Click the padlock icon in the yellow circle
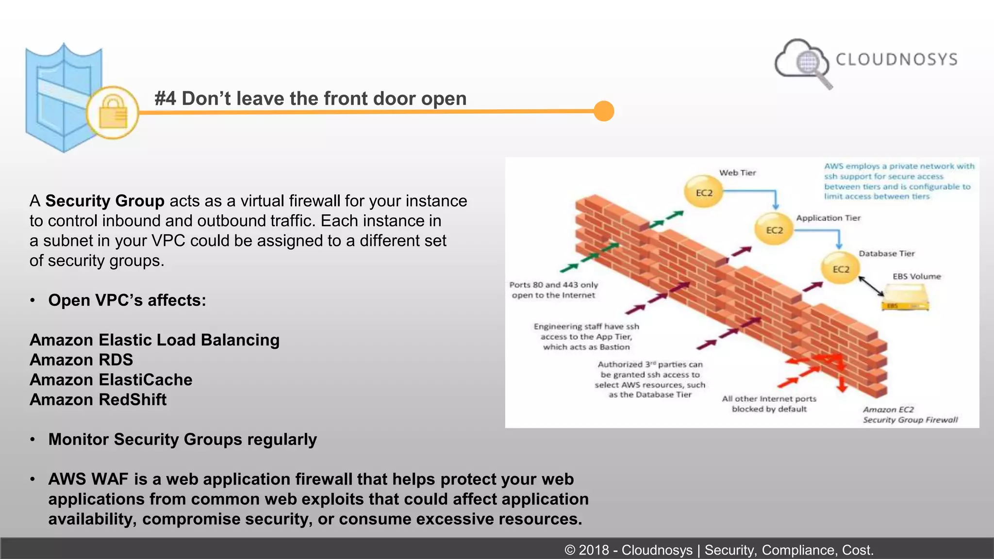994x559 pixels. pyautogui.click(x=113, y=112)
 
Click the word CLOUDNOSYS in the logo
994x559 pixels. pyautogui.click(x=896, y=59)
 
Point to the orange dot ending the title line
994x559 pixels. pyautogui.click(x=604, y=111)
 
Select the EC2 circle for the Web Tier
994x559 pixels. pyautogui.click(x=704, y=193)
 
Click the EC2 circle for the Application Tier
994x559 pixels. pyautogui.click(x=774, y=230)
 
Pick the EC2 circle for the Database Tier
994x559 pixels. pyautogui.click(x=841, y=269)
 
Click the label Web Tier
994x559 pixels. pyautogui.click(x=737, y=173)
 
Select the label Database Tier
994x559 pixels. pyautogui.click(x=886, y=253)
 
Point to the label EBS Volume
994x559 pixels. pyautogui.click(x=916, y=276)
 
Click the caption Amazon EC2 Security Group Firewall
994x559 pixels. pyautogui.click(x=910, y=415)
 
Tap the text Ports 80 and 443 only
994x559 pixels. pyautogui.click(x=553, y=285)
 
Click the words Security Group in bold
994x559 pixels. pyautogui.click(x=105, y=201)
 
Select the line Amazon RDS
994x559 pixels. pyautogui.click(x=81, y=360)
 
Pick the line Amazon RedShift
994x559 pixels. pyautogui.click(x=98, y=400)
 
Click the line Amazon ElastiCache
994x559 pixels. pyautogui.click(x=111, y=380)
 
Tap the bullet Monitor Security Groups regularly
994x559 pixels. pyautogui.click(x=182, y=440)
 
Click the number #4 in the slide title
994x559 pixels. pyautogui.click(x=165, y=99)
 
